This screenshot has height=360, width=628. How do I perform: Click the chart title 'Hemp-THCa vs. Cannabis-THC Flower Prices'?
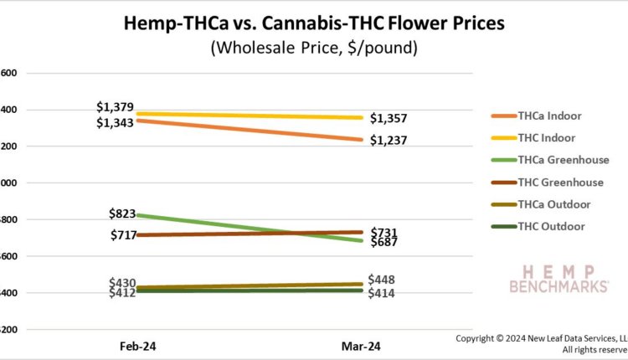click(x=314, y=24)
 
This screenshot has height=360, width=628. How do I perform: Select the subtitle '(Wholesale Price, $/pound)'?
click(x=314, y=48)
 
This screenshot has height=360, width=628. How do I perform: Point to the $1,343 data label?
click(x=115, y=124)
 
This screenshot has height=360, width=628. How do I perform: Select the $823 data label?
click(x=122, y=213)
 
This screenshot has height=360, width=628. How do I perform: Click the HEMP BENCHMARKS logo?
click(x=559, y=279)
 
